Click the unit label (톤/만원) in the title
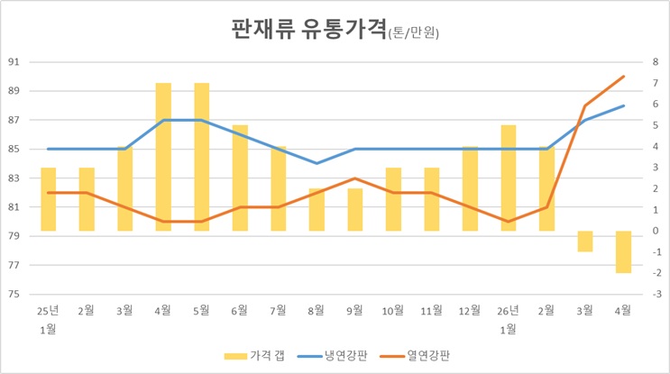pos(419,33)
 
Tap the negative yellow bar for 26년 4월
pos(623,251)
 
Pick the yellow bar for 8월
pos(317,209)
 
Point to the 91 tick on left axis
pos(14,62)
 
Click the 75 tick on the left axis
pos(14,294)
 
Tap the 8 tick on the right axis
pos(656,62)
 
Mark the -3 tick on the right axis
pos(655,294)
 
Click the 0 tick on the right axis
pos(656,231)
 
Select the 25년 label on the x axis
pos(48,310)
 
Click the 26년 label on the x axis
pos(508,310)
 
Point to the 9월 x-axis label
pos(354,310)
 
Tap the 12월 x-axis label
pos(470,310)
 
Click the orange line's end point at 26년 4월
pos(623,77)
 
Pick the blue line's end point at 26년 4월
pos(623,105)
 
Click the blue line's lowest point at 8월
pos(317,163)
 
